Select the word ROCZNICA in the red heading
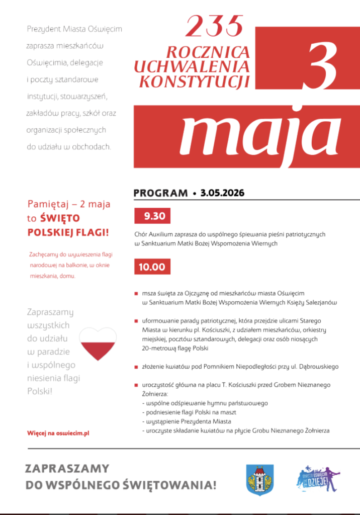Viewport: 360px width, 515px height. coord(208,52)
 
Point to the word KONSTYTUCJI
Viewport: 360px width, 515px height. coord(194,81)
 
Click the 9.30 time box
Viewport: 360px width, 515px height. coord(153,217)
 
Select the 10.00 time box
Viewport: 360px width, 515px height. coord(152,267)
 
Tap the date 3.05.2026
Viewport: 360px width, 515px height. coord(222,193)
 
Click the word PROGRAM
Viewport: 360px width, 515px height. coord(160,193)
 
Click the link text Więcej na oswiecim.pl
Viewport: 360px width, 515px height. coord(58,433)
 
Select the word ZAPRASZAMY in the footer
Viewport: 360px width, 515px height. coord(67,469)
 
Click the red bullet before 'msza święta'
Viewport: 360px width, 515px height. coord(136,293)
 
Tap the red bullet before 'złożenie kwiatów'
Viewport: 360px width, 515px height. coord(136,367)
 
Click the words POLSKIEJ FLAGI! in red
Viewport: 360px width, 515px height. coord(68,233)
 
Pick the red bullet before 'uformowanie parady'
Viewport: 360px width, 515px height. coord(136,320)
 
